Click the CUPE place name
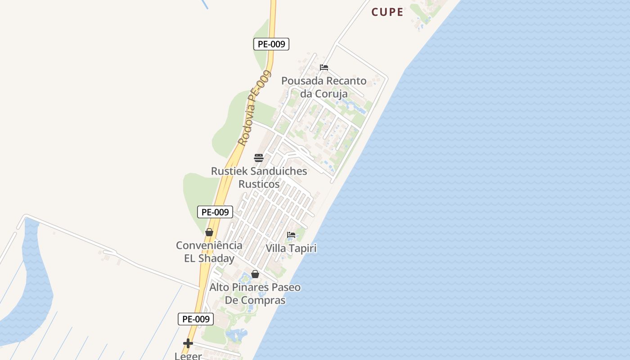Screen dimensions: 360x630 point(387,12)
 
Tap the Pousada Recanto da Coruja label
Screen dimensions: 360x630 point(324,87)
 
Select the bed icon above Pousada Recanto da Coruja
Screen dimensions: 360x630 point(324,67)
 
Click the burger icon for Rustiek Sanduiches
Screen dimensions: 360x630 point(259,157)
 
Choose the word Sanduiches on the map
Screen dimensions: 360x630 point(279,171)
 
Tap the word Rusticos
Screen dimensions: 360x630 point(259,184)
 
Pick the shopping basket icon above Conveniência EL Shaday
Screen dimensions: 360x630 point(209,232)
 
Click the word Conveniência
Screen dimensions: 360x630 point(209,246)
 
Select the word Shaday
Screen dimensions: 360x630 point(216,258)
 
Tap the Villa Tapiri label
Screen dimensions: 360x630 point(291,248)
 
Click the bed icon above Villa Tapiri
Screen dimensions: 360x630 point(291,235)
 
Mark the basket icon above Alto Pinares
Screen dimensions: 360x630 point(255,274)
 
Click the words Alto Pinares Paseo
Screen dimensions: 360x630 point(255,287)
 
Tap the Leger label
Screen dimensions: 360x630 point(188,355)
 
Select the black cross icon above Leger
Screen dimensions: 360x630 point(188,343)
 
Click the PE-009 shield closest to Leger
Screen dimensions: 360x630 point(196,319)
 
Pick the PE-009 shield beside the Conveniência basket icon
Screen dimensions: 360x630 point(215,212)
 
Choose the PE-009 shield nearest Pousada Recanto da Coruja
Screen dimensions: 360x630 point(271,44)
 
